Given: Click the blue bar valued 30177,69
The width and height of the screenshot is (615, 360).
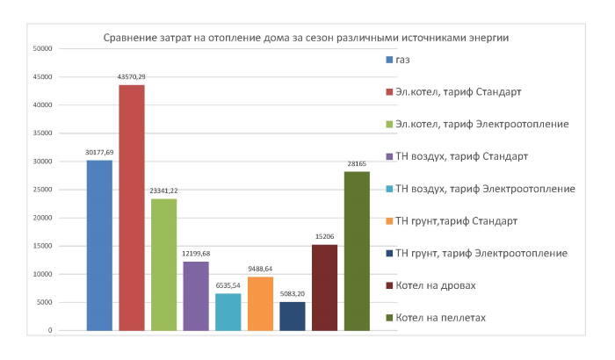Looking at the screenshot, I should point(99,245).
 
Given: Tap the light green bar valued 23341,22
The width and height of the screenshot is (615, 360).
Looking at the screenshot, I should point(163,264).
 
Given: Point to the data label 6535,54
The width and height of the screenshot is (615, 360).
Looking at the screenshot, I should point(228,284).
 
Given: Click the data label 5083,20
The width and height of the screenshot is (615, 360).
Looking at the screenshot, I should point(293,293).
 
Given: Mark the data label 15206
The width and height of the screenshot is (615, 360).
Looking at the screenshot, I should point(324,235).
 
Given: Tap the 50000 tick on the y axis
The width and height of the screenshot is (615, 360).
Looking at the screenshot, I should point(43,48).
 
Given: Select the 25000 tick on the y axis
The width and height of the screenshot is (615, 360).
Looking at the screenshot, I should point(43,190).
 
